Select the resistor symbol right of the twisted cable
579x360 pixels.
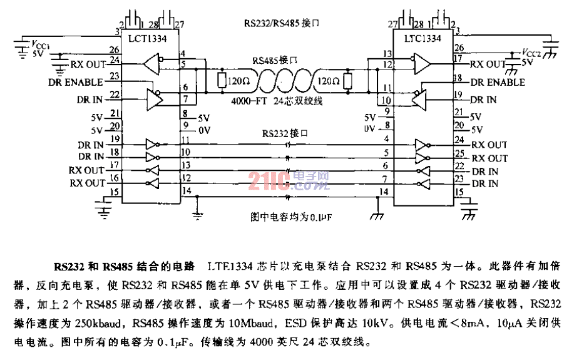pyautogui.click(x=346, y=80)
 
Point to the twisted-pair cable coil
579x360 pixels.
pyautogui.click(x=282, y=80)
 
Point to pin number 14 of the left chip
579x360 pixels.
pyautogui.click(x=186, y=191)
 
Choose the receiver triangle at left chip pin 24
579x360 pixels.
pyautogui.click(x=151, y=63)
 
